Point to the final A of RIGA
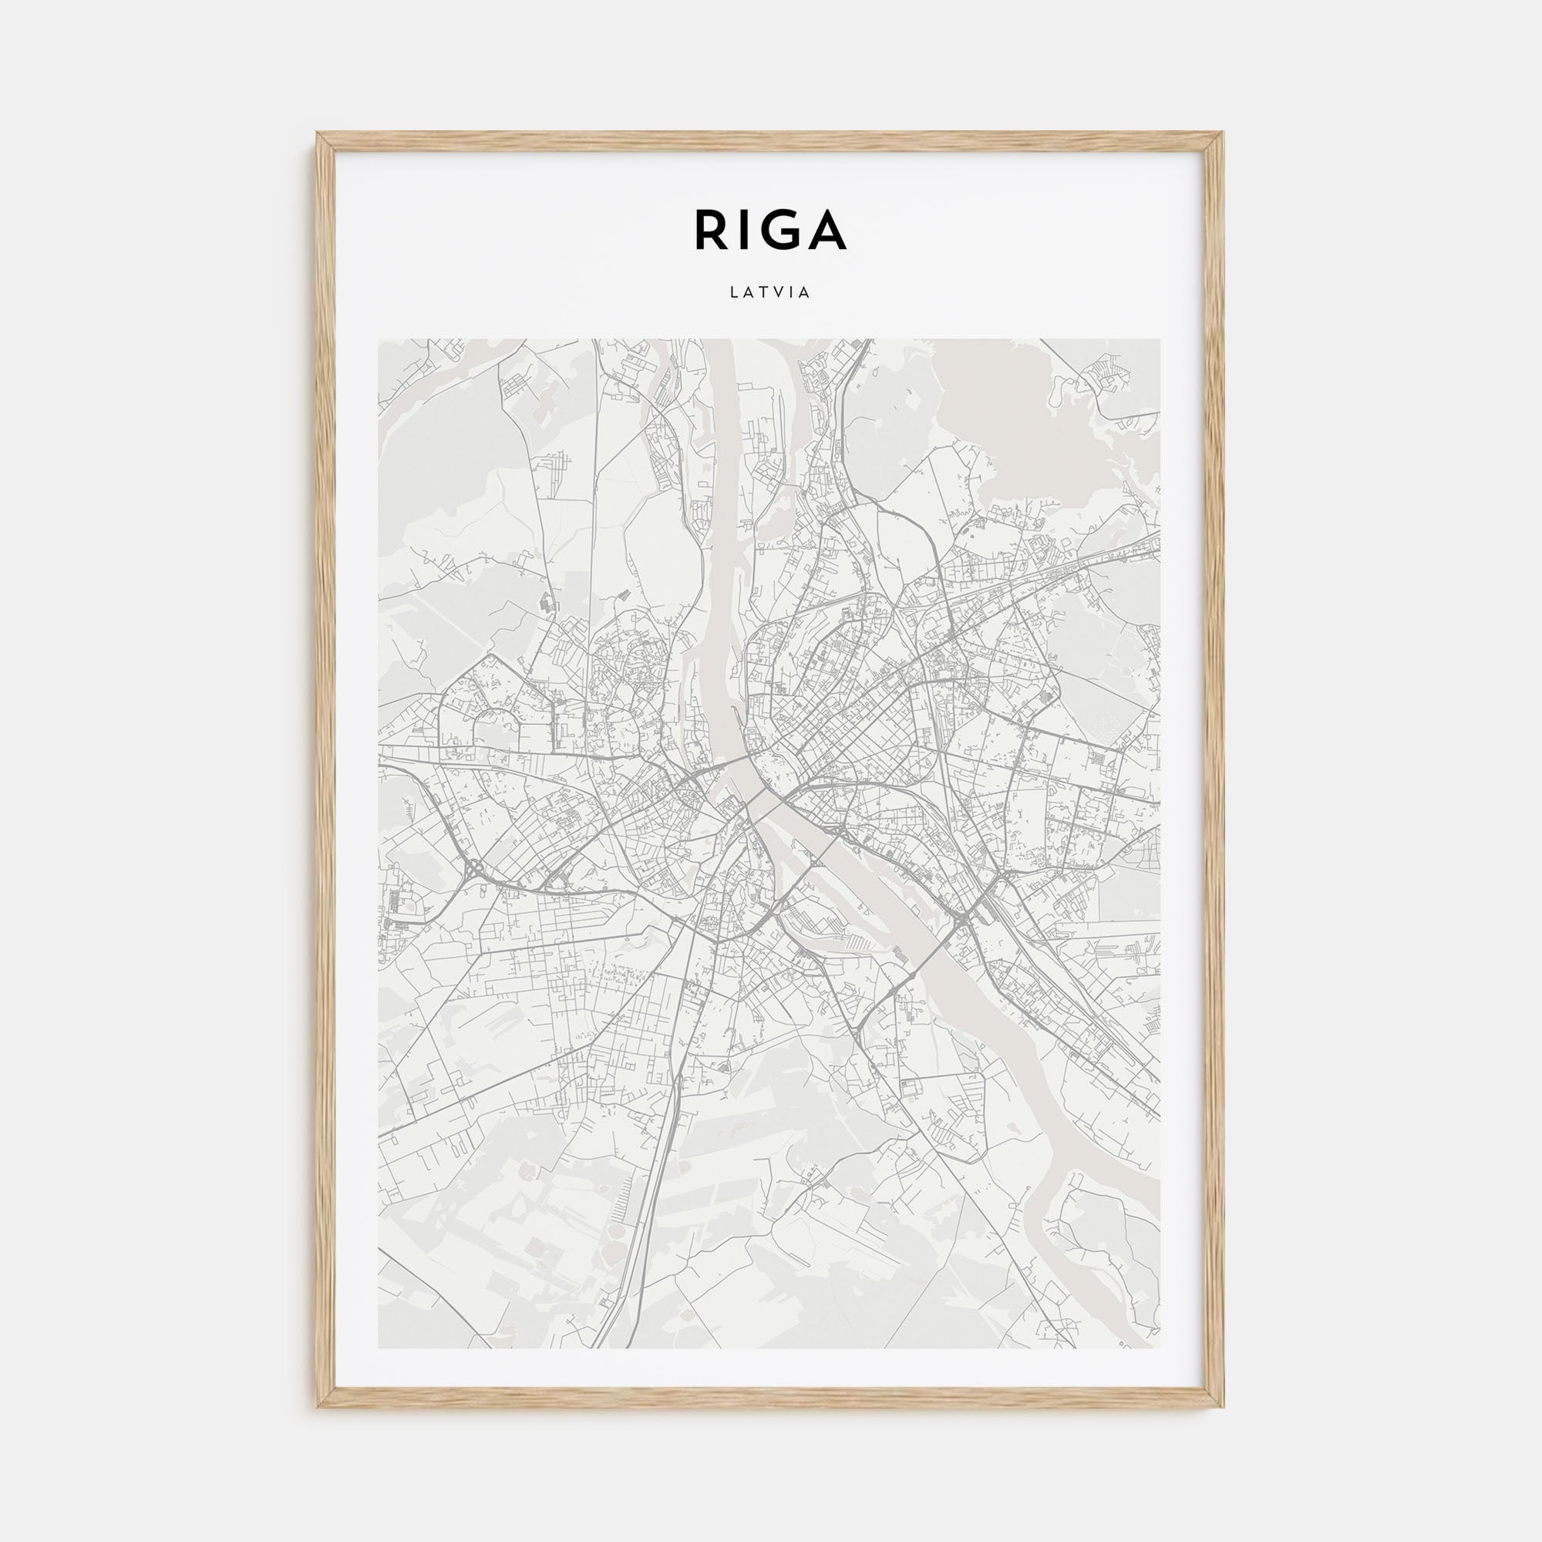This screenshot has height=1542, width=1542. coord(827,230)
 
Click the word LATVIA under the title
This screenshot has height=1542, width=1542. coord(770,292)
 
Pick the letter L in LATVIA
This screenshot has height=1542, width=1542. coord(732,292)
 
